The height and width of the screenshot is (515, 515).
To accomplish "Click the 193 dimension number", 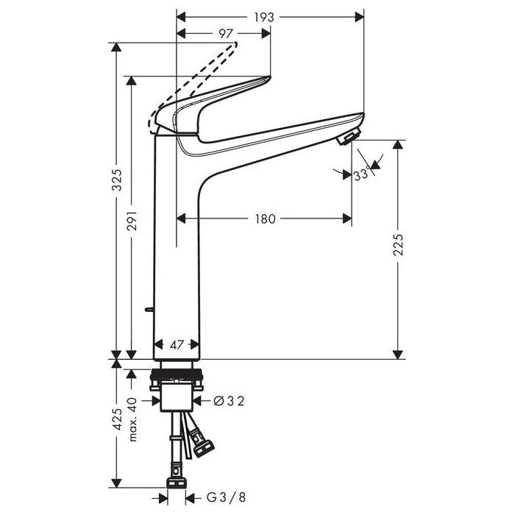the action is [x=264, y=17].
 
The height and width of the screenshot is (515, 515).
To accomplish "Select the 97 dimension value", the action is [x=226, y=34].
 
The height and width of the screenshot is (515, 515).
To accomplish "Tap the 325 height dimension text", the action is [x=117, y=180].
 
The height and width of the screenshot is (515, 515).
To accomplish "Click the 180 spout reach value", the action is [x=266, y=219].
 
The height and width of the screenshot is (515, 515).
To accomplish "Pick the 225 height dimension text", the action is [x=398, y=245].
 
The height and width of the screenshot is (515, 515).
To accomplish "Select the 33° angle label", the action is [x=362, y=174].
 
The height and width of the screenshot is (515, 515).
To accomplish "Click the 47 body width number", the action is [x=177, y=344].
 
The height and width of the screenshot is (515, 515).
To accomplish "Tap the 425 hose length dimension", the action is [x=117, y=419].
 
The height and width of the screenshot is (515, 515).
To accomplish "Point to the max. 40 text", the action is [x=132, y=419].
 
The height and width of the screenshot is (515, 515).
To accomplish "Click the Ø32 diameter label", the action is [x=229, y=401].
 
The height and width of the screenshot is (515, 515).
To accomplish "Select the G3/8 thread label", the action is [x=226, y=497].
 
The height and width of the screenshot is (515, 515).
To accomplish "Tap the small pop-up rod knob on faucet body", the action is [x=149, y=309].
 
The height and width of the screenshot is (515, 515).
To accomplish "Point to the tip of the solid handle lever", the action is [x=270, y=77].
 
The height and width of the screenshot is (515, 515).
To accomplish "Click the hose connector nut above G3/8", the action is [x=177, y=483].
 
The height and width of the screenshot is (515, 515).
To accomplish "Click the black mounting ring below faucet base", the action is [x=177, y=374].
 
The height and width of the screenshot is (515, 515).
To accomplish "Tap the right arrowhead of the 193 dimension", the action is [x=360, y=17].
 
